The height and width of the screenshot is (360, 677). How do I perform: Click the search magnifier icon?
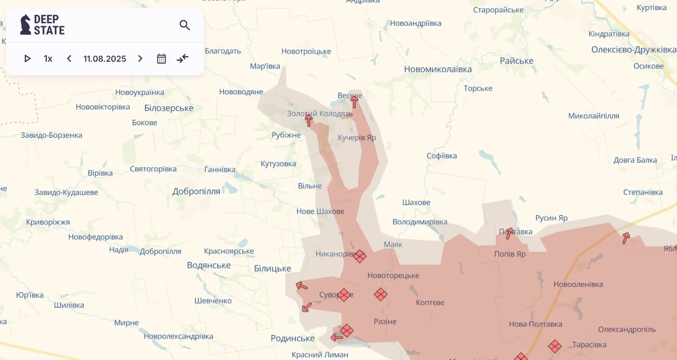click(185, 25)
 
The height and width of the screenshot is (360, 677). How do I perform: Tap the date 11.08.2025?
click(105, 58)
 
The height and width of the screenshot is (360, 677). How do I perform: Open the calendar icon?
click(161, 58)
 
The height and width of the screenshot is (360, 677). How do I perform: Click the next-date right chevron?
click(140, 58)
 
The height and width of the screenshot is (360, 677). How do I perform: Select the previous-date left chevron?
click(69, 58)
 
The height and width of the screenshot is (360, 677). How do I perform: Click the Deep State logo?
click(42, 25)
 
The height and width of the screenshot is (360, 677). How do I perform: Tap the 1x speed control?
click(48, 58)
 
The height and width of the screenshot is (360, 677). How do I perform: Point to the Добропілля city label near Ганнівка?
click(196, 191)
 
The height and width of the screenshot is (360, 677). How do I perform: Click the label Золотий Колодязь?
click(320, 114)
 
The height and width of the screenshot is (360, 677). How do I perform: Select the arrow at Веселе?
click(354, 101)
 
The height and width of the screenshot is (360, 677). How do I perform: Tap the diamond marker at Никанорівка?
click(360, 256)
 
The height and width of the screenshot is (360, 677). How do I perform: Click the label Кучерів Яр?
click(357, 138)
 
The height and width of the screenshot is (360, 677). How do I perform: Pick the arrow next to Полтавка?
click(510, 232)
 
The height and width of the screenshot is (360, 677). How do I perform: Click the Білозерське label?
click(169, 108)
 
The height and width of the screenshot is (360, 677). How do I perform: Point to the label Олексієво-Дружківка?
click(634, 50)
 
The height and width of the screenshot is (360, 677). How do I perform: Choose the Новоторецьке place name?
click(393, 275)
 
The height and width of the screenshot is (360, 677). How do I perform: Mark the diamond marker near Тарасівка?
click(555, 346)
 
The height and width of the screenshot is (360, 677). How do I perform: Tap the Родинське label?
click(293, 338)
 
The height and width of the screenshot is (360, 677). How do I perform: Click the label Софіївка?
click(442, 156)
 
